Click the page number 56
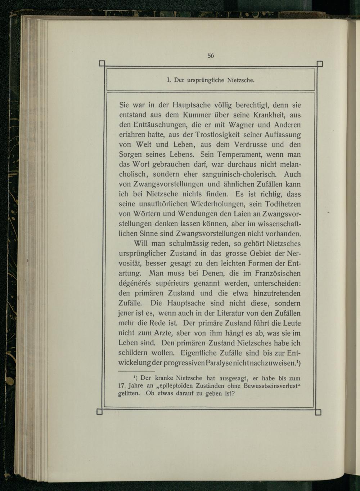pyautogui.click(x=211, y=56)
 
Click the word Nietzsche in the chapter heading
pyautogui.click(x=241, y=80)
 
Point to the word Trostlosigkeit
pyautogui.click(x=214, y=135)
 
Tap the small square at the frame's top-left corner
pyautogui.click(x=102, y=64)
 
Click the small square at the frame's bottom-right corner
pyautogui.click(x=318, y=412)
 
